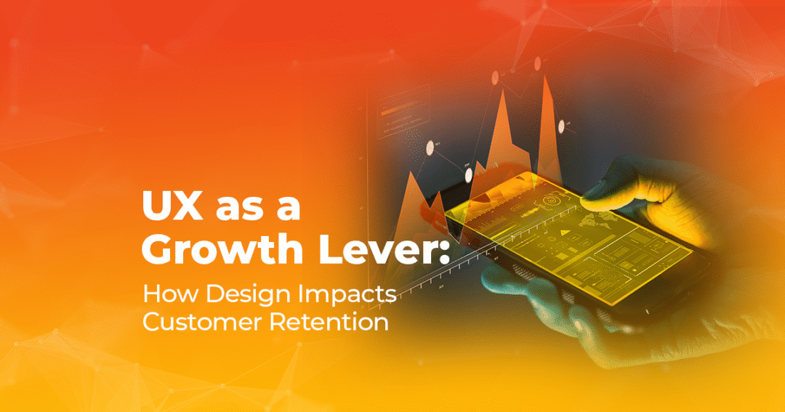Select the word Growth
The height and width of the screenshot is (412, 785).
(222, 249)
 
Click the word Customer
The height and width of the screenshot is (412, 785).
(202, 321)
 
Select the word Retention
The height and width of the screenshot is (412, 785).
(329, 321)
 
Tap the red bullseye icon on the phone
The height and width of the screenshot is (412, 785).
(551, 200)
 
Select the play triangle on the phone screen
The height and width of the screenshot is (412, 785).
(565, 233)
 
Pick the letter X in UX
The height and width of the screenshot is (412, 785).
(189, 205)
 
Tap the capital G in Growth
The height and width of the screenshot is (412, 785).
(158, 249)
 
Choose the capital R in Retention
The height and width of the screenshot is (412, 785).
(278, 321)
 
